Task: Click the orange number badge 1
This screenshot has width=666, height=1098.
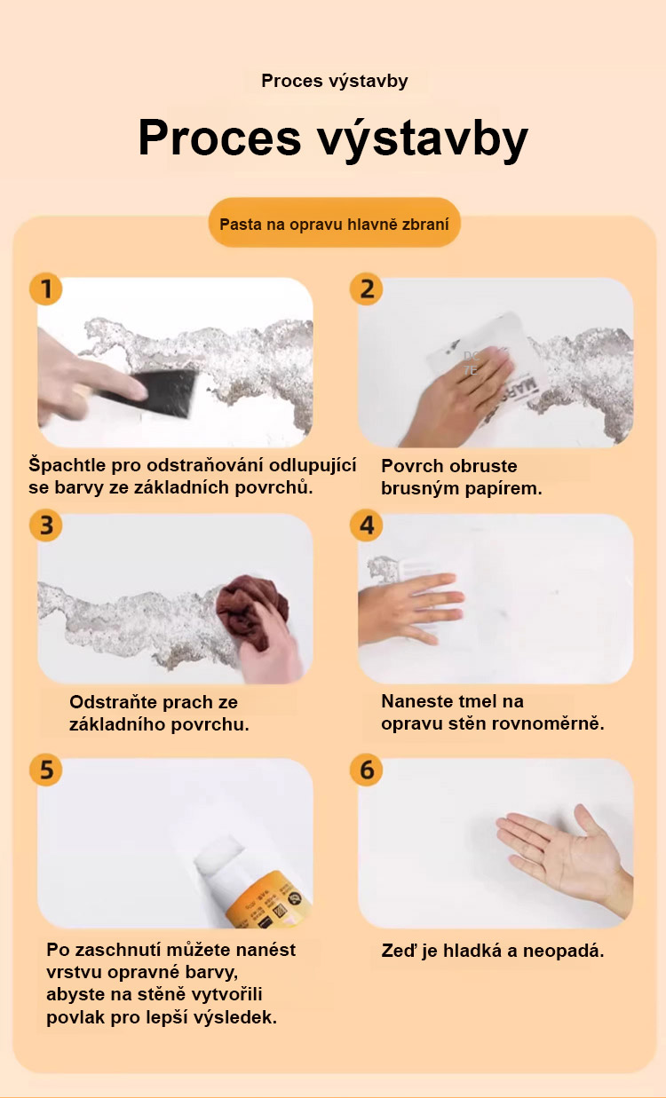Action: [45, 288]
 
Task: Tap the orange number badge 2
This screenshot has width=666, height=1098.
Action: [367, 288]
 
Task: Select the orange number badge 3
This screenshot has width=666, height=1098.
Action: [45, 525]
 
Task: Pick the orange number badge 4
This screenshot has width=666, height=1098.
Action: [367, 525]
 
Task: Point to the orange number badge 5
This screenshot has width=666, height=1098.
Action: [45, 770]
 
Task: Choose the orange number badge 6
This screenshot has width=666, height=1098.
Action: [367, 770]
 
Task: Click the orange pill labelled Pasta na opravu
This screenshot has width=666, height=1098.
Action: [335, 224]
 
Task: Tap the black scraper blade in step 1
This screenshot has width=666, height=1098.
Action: [162, 393]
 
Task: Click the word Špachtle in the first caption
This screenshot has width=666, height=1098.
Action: [67, 465]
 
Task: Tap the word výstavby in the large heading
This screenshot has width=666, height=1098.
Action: [423, 138]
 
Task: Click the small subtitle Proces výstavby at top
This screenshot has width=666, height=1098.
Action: [335, 81]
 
